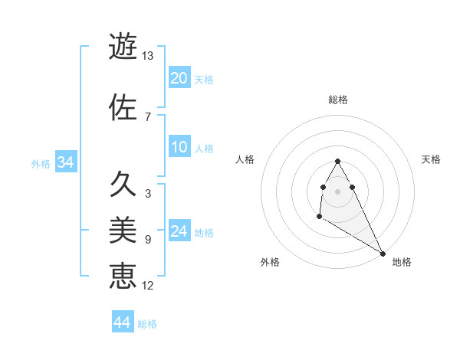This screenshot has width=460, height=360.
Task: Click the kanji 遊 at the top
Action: tap(123, 45)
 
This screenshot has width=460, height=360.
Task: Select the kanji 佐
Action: tap(123, 106)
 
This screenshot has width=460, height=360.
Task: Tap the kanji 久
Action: tap(123, 184)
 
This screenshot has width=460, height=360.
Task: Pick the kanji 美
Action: tap(123, 229)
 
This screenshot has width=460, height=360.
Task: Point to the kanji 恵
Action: tap(123, 275)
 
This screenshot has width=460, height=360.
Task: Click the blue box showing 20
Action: tap(179, 78)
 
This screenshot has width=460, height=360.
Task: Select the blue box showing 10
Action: tap(179, 148)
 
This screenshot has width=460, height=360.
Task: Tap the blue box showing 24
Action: tap(179, 231)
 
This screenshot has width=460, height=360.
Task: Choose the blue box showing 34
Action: tap(65, 162)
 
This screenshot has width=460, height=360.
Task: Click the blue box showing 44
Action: tap(123, 322)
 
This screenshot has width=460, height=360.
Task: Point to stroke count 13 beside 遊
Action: tap(148, 56)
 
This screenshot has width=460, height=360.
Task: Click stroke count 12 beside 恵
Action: tap(148, 286)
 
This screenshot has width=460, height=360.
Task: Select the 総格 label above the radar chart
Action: tap(338, 100)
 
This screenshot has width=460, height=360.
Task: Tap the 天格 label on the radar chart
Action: tap(431, 159)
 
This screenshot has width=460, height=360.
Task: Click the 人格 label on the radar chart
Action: tap(245, 159)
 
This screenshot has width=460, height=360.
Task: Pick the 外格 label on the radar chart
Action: tap(270, 262)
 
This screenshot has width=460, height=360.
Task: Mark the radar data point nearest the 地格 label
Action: tap(383, 254)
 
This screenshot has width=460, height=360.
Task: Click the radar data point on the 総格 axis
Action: tap(338, 161)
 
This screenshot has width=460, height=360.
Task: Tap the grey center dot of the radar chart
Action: tap(338, 191)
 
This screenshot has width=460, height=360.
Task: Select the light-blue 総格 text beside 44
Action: tap(147, 324)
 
